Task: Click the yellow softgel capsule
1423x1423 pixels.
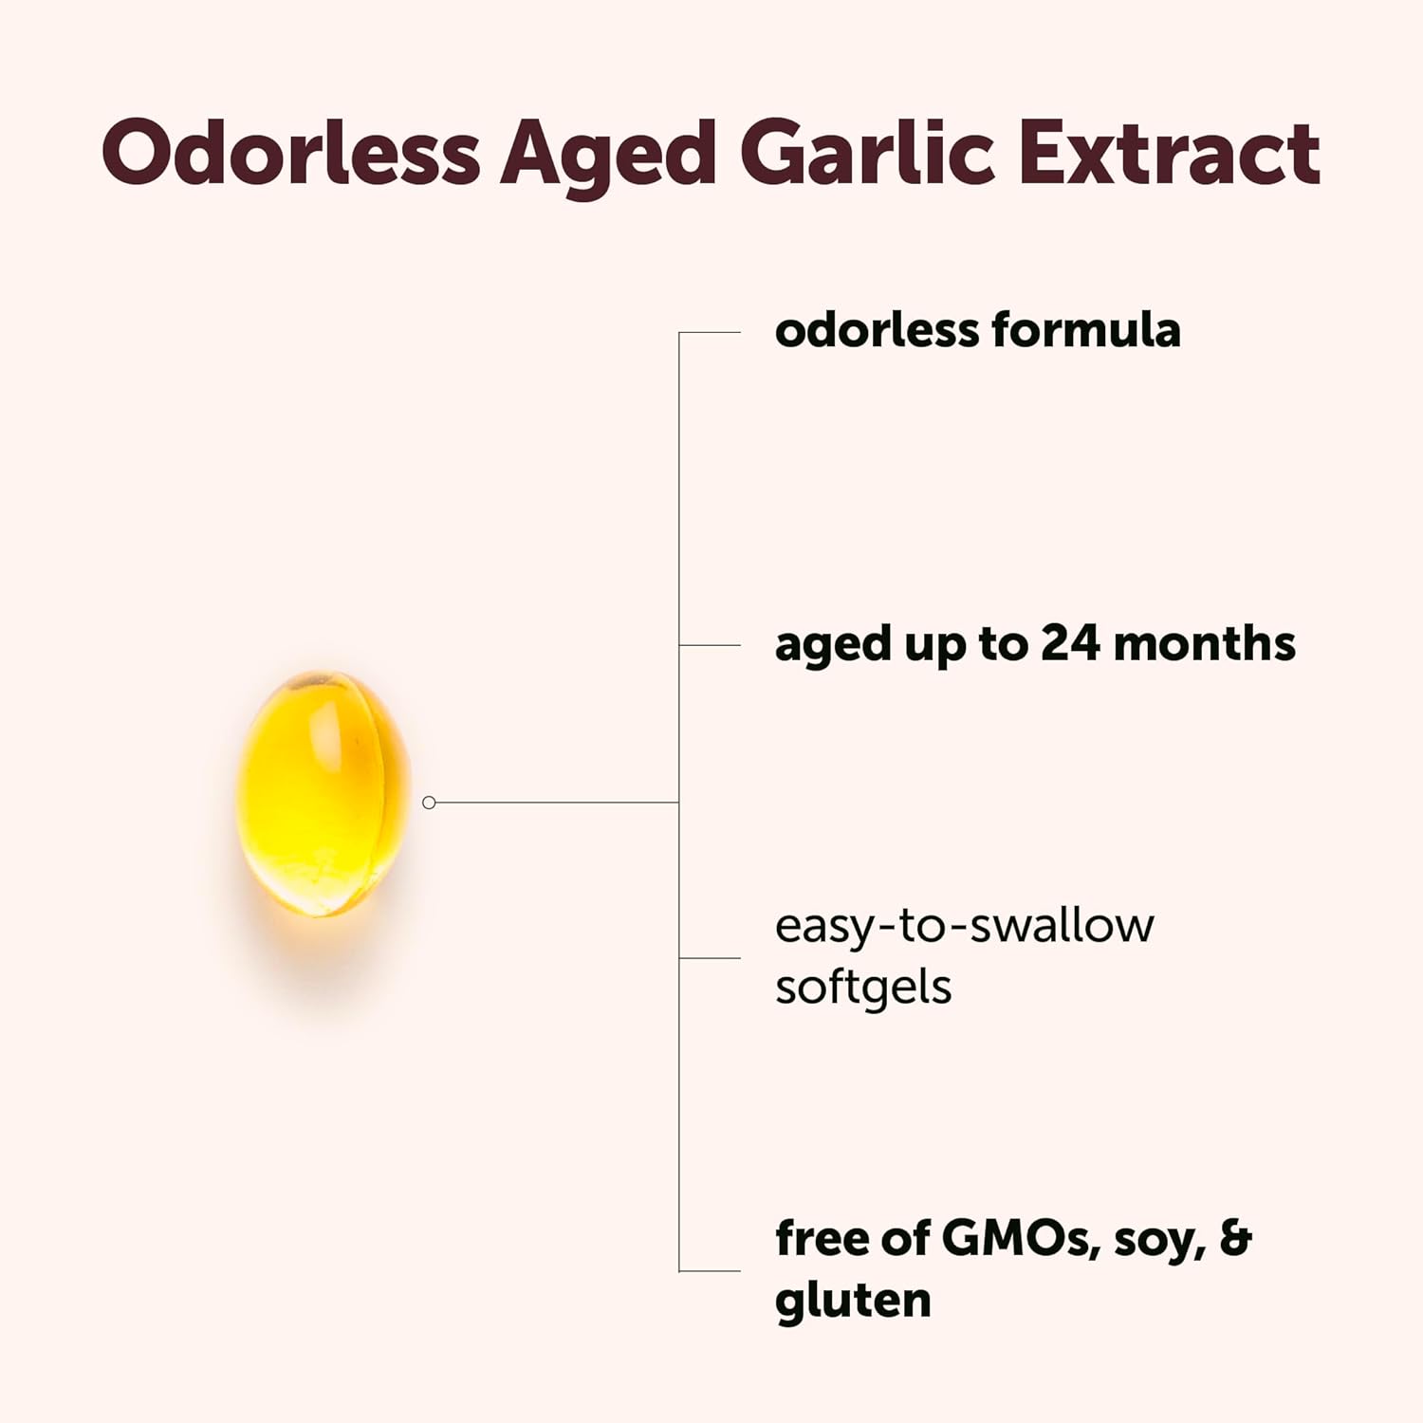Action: click(323, 793)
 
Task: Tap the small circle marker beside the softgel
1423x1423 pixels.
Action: click(429, 803)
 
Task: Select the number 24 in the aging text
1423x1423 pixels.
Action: click(1071, 644)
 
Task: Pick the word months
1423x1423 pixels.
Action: click(1204, 644)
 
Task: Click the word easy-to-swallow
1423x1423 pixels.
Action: click(964, 927)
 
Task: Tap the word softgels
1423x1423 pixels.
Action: click(862, 988)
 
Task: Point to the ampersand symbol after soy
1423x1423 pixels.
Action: click(1235, 1238)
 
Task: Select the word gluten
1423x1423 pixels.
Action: click(852, 1301)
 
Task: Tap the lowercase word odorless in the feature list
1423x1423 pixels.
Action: click(877, 331)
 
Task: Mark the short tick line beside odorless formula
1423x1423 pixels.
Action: click(710, 333)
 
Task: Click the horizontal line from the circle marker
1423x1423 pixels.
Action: click(555, 803)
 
